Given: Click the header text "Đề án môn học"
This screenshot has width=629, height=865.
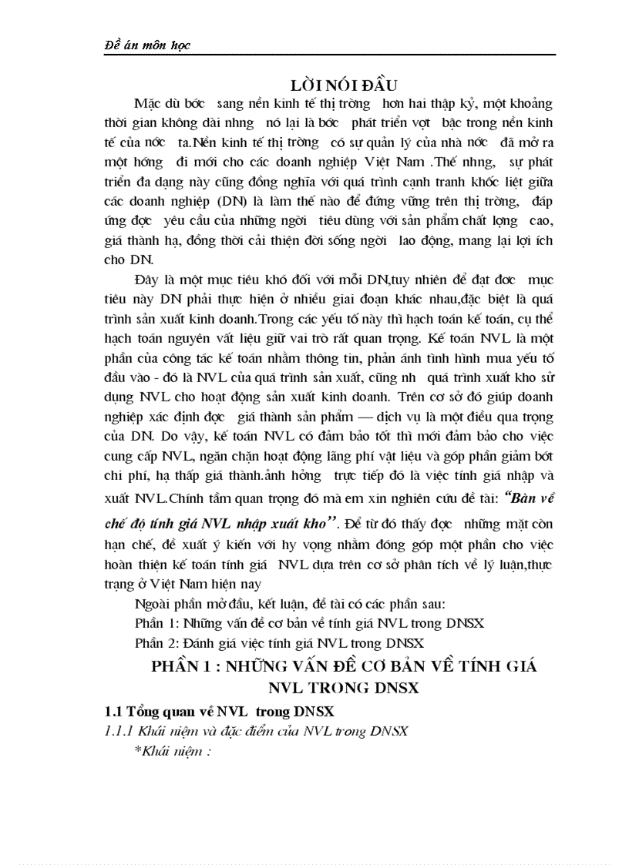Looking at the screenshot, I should tap(146, 46).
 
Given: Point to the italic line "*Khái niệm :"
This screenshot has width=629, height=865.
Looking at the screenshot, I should tap(173, 752).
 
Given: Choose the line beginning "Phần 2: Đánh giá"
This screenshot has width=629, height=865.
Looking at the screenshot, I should tap(276, 642).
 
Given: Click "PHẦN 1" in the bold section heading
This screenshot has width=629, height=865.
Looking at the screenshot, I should tap(183, 667).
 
